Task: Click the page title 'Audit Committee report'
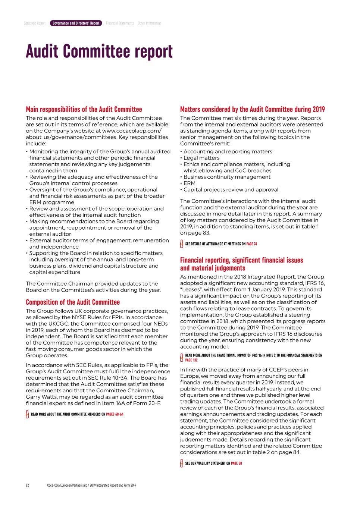99,51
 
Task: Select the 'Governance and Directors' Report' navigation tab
76,23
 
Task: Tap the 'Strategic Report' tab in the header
35,23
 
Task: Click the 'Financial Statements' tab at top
120,23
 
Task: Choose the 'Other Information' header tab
150,23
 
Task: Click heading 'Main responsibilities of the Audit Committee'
84,109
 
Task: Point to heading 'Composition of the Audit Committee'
73,302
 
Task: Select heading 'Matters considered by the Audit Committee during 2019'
252,109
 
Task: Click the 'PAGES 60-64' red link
115,414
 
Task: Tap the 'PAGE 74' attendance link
251,244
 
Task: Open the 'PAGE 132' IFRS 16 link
191,360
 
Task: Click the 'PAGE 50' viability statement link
236,464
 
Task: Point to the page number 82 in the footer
27,486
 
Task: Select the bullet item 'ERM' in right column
190,183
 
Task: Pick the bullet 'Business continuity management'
227,177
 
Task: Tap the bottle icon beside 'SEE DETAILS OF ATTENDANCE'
182,244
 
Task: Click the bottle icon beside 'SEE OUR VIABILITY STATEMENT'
182,464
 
